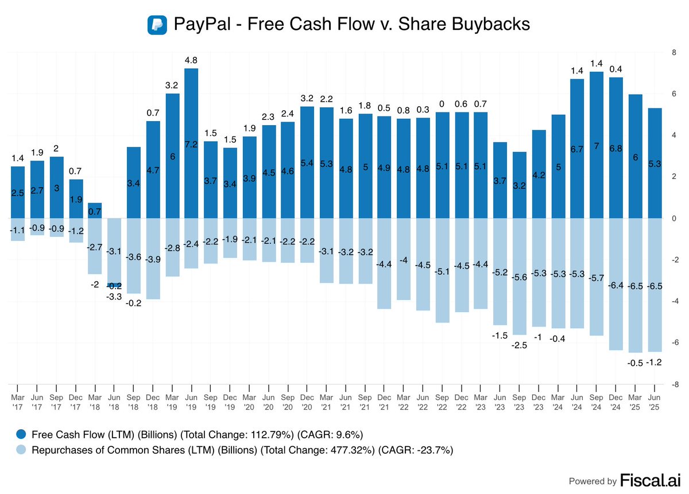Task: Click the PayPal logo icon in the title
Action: (x=157, y=25)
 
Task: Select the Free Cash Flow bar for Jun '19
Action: (x=191, y=143)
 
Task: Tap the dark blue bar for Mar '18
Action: (x=95, y=211)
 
